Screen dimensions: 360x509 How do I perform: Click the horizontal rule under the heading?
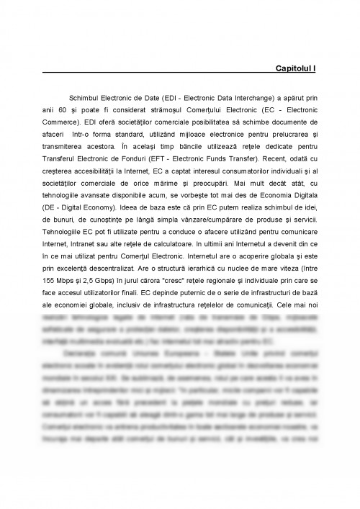(x=180, y=75)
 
